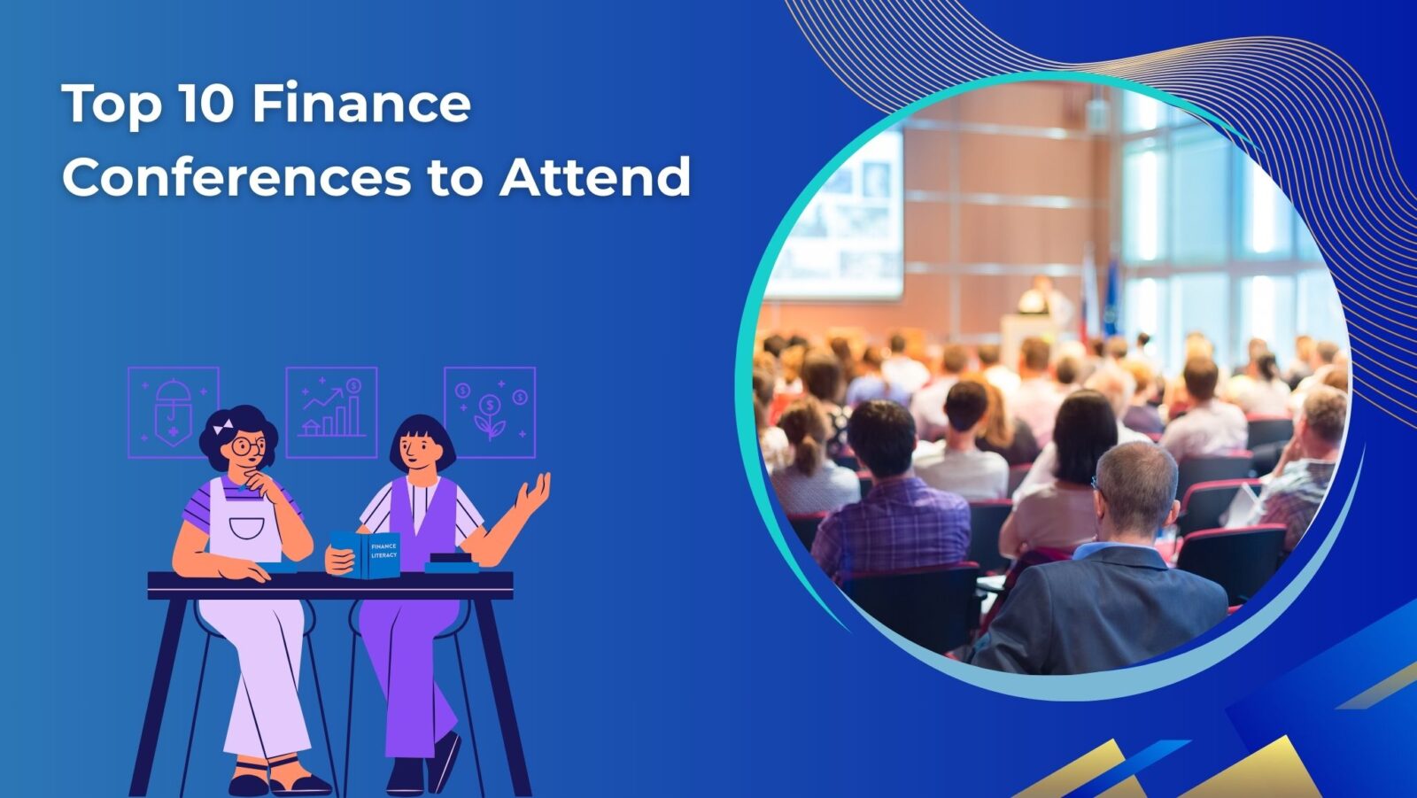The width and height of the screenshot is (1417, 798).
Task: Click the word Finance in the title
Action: (x=361, y=104)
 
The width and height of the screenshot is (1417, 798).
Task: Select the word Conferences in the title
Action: (x=236, y=176)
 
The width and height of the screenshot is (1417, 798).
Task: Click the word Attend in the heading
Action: (x=594, y=176)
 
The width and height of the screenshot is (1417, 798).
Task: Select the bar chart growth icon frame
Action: (x=331, y=412)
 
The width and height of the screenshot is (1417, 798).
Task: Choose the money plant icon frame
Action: (x=490, y=412)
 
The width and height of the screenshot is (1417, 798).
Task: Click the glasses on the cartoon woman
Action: (x=249, y=445)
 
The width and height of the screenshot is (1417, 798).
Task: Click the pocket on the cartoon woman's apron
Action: (x=246, y=528)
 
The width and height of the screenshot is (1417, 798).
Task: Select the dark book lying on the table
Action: (x=451, y=562)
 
